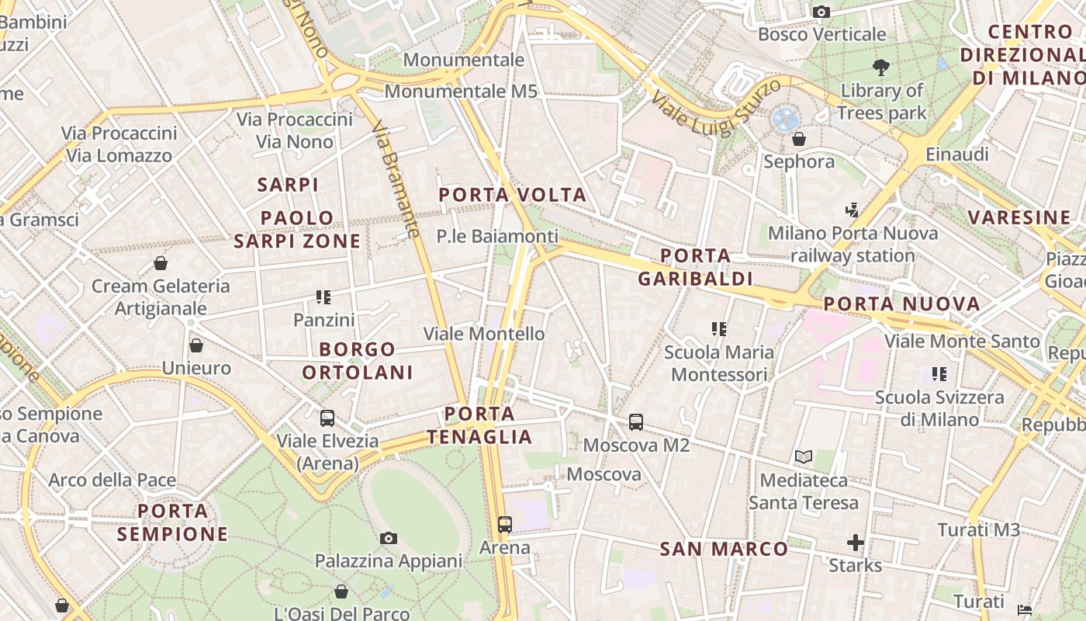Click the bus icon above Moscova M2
[x=636, y=422]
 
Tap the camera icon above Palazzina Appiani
[x=389, y=538]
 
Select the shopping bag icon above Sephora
[x=799, y=139]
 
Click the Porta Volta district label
[x=513, y=195]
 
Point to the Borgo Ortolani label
[x=358, y=361]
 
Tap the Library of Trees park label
[x=882, y=102]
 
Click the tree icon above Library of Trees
[x=881, y=68]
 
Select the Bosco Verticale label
[x=821, y=34]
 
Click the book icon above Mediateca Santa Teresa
[x=804, y=457]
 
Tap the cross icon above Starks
[x=856, y=542]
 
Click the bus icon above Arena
[x=505, y=525]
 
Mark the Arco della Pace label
[x=112, y=480]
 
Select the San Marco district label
[x=724, y=550]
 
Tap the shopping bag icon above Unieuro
[x=196, y=345]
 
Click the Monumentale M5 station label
[x=461, y=92]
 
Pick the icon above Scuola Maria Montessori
[x=719, y=329]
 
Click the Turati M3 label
[x=978, y=530]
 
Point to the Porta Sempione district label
[x=173, y=522]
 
